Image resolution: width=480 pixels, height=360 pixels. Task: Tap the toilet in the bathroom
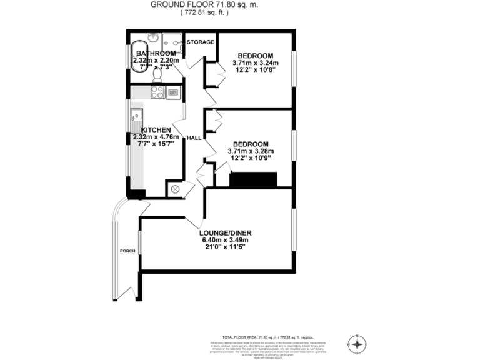pos(158,73)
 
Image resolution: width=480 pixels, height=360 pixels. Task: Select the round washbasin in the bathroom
pos(153,37)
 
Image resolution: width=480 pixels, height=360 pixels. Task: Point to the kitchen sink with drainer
pos(136,117)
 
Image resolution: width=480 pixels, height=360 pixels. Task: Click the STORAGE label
pos(201,42)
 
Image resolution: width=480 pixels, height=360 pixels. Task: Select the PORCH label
pos(127,251)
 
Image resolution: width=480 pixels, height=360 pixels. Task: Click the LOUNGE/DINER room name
pos(225,233)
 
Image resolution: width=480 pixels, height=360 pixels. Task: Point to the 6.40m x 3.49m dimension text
pos(225,240)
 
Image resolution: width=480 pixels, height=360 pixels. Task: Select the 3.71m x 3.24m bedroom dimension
pos(255,62)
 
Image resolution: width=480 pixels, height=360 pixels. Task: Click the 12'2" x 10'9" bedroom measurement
pos(255,158)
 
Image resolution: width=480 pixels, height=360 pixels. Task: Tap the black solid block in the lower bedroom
pos(253,180)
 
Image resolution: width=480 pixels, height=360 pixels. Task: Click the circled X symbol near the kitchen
pos(175,188)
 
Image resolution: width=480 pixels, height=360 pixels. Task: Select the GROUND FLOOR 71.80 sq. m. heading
pos(194,4)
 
